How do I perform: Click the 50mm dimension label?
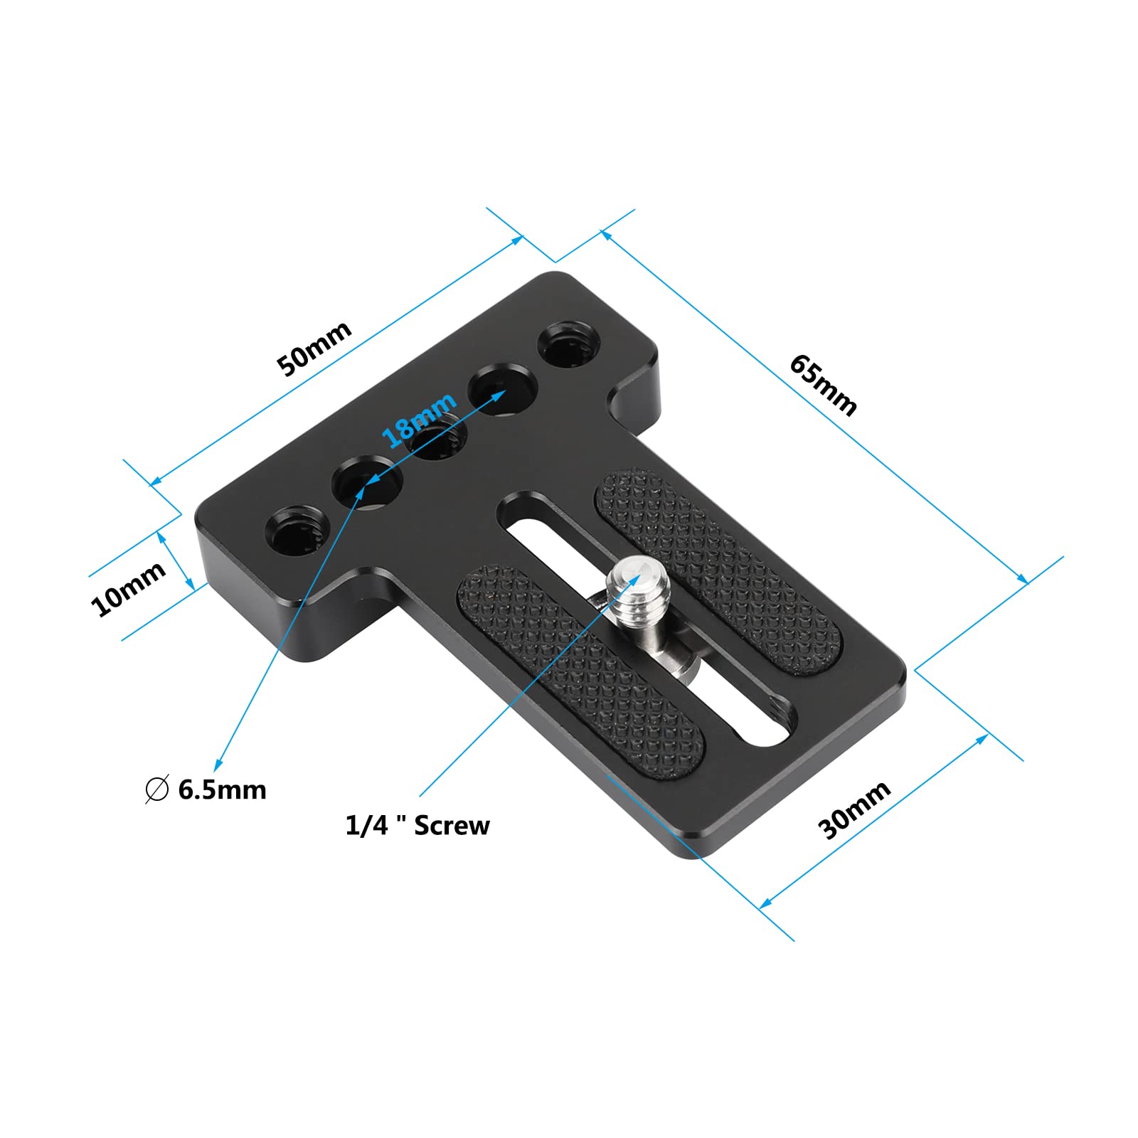(314, 349)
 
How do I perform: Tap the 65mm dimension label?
(823, 385)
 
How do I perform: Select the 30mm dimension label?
(854, 809)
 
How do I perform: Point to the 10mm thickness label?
(128, 588)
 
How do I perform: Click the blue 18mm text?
(419, 420)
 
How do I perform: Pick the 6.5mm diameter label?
(222, 790)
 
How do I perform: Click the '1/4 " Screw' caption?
(418, 826)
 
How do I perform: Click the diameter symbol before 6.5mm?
(156, 789)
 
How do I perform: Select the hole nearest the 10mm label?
(299, 527)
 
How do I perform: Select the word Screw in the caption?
(452, 826)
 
